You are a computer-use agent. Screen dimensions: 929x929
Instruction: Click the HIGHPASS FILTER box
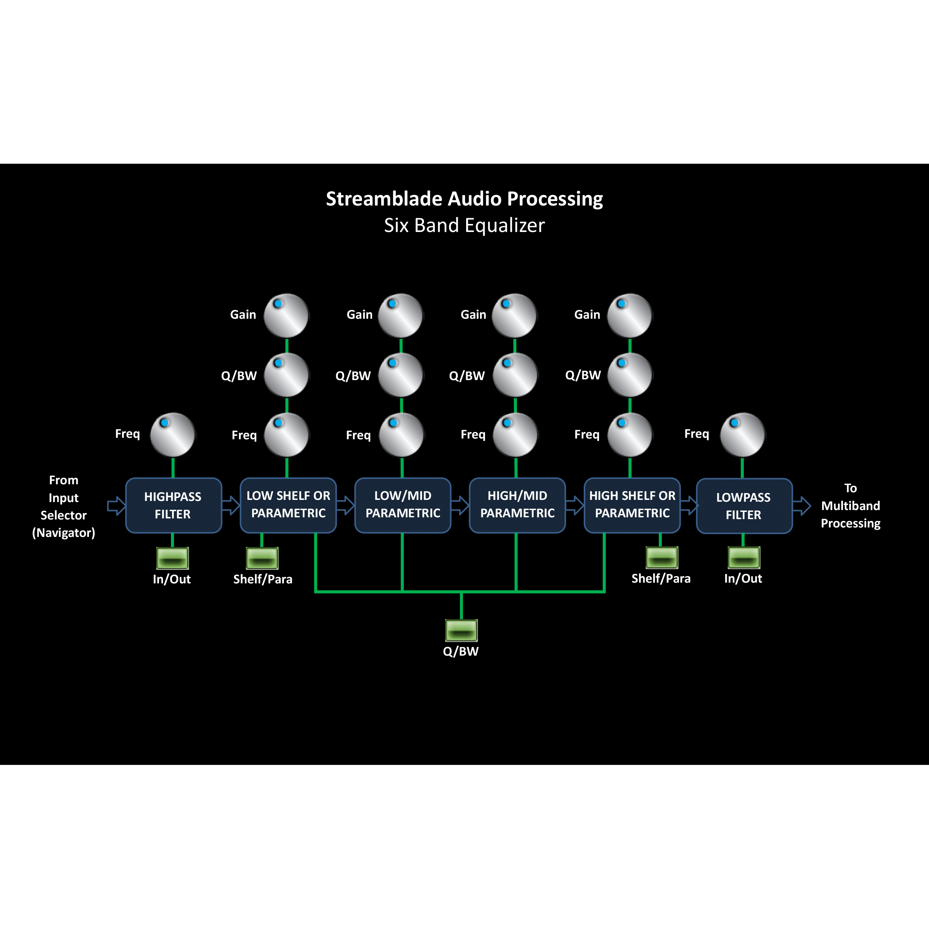(x=173, y=505)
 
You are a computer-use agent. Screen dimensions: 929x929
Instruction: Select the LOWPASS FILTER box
(x=744, y=506)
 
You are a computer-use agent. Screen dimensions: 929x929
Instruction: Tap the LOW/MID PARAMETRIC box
(x=403, y=505)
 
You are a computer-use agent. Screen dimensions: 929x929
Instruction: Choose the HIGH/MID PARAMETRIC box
(x=517, y=505)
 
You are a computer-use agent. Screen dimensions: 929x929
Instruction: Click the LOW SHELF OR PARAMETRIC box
(x=288, y=505)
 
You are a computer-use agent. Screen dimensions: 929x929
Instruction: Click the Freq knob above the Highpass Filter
(x=173, y=435)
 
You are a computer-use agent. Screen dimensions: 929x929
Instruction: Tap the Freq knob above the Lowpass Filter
(x=742, y=435)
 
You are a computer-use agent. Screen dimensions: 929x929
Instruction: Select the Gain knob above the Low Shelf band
(x=286, y=315)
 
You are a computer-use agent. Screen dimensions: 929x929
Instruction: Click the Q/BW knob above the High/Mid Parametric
(x=515, y=375)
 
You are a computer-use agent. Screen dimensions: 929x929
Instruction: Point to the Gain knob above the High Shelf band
(x=629, y=315)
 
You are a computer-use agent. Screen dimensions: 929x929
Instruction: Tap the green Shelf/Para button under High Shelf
(x=662, y=558)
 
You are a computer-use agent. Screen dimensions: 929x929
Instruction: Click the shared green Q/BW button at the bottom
(x=461, y=630)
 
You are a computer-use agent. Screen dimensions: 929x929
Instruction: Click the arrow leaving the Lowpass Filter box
(x=802, y=506)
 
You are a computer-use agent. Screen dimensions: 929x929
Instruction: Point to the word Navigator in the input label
(x=64, y=533)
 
